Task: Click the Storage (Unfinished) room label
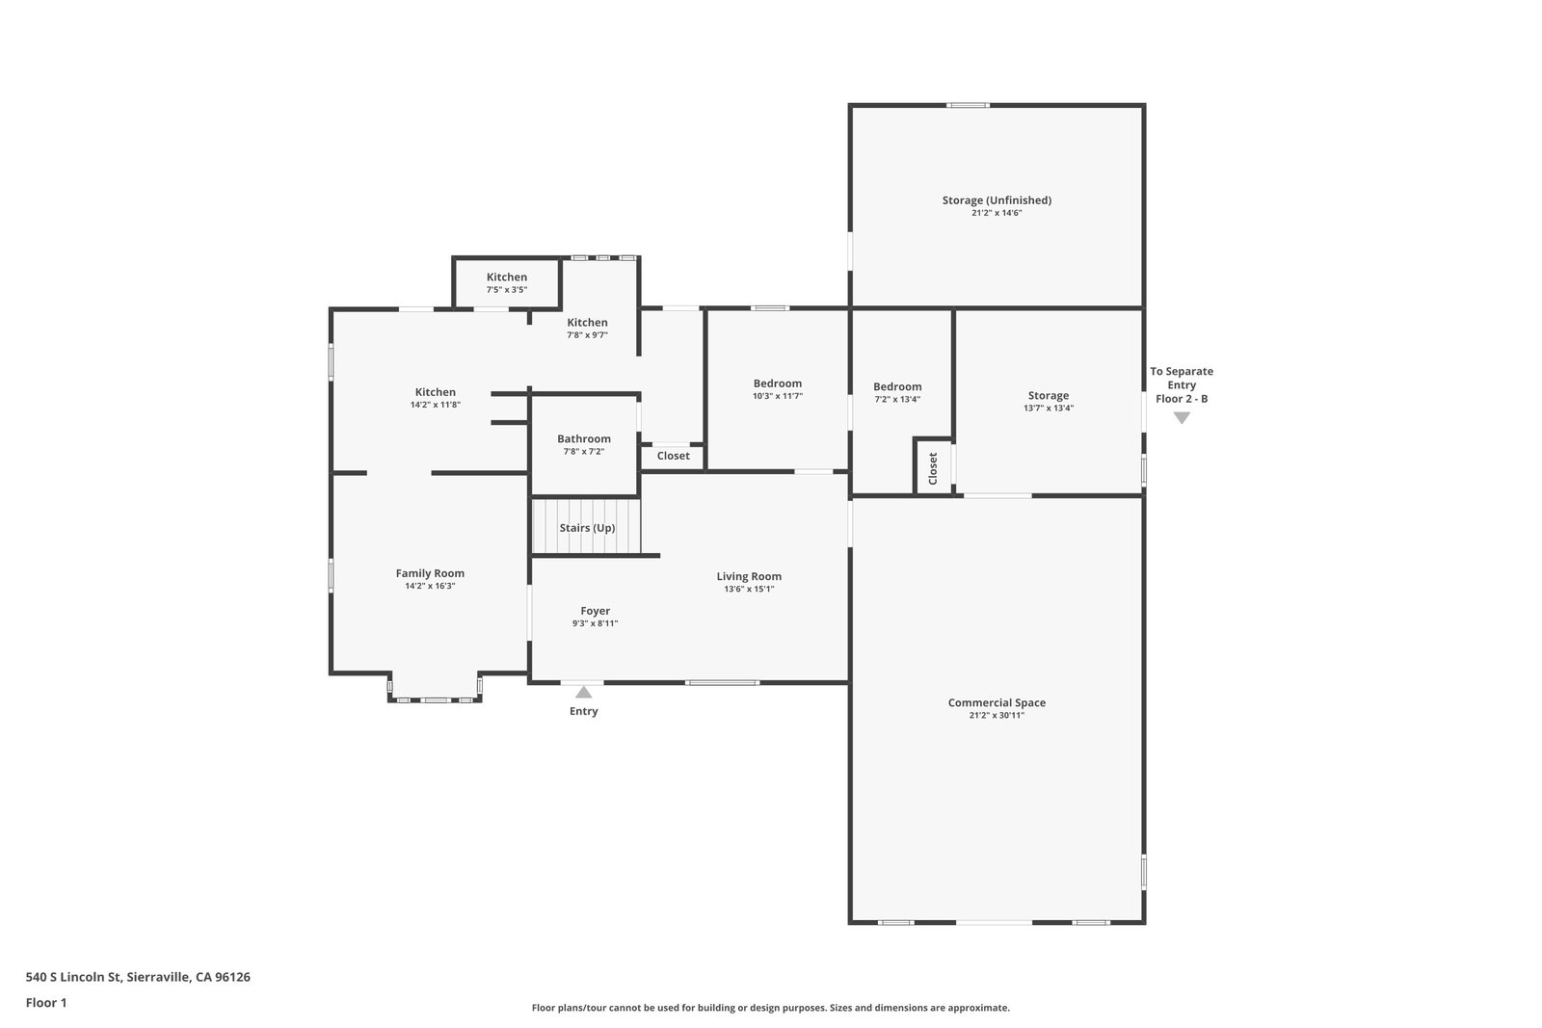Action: [997, 200]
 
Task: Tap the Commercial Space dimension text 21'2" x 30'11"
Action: [997, 716]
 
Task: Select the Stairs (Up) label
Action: [587, 528]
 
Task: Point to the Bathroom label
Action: [584, 439]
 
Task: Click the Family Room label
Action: [430, 573]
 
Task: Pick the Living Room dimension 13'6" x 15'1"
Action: [749, 589]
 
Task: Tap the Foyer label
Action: [595, 611]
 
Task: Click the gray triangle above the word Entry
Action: [583, 692]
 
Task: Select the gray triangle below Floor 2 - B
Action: [1182, 418]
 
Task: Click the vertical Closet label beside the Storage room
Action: [933, 468]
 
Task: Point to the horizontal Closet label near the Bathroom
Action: [673, 456]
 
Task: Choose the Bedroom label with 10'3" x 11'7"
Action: [777, 384]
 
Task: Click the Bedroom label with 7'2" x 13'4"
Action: [897, 386]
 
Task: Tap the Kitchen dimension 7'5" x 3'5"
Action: [507, 290]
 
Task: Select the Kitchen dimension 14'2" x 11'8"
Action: [435, 405]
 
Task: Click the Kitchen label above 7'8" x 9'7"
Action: [587, 323]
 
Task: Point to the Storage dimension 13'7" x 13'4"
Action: [1048, 409]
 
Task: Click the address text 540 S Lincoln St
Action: [73, 977]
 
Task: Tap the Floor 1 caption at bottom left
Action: [46, 1003]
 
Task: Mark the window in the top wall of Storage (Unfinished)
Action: [968, 105]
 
